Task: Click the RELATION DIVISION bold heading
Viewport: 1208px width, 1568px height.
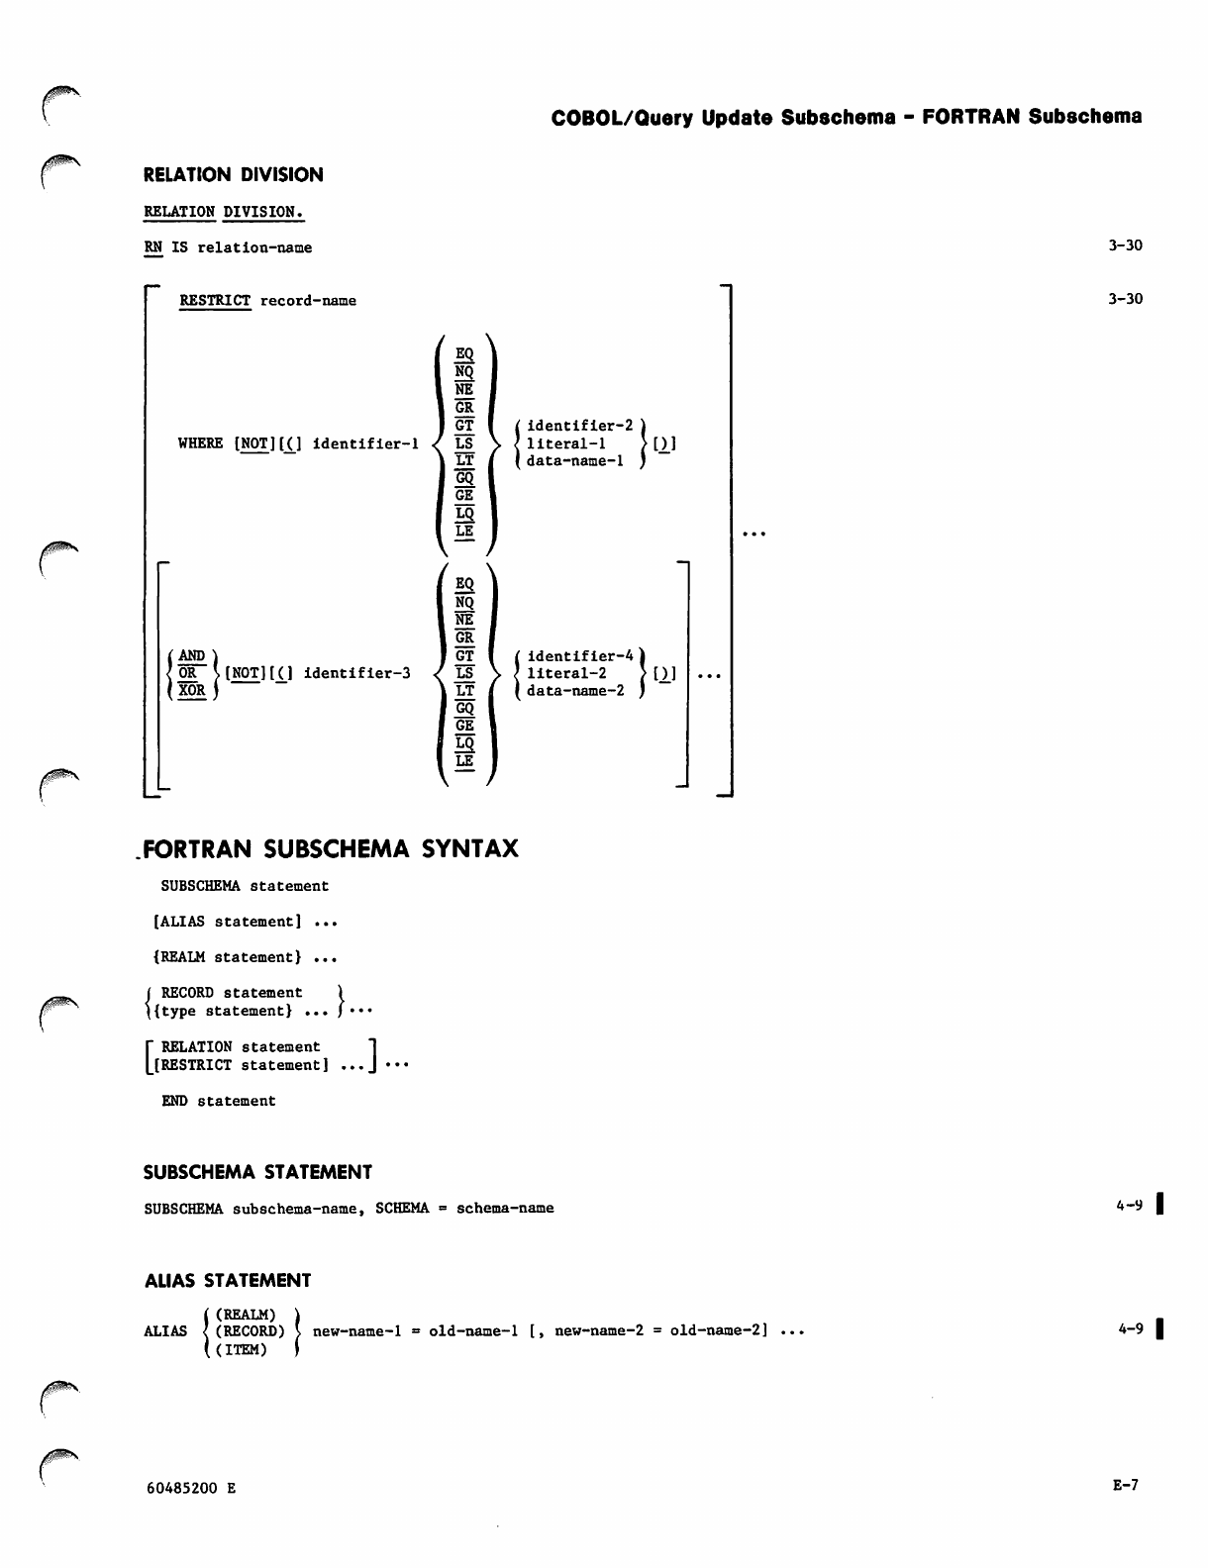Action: pyautogui.click(x=234, y=175)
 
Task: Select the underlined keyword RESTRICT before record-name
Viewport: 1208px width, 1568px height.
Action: pyautogui.click(x=215, y=300)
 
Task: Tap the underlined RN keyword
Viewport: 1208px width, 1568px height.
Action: pyautogui.click(x=152, y=247)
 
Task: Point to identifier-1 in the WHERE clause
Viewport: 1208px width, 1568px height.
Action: pyautogui.click(x=365, y=443)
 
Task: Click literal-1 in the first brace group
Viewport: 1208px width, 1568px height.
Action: pyautogui.click(x=565, y=443)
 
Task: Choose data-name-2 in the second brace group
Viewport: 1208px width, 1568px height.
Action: pyautogui.click(x=575, y=691)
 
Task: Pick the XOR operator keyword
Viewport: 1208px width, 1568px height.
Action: pyautogui.click(x=191, y=691)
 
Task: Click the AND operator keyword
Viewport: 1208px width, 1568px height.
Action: pyautogui.click(x=191, y=655)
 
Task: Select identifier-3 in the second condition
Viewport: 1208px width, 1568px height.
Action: pyautogui.click(x=356, y=673)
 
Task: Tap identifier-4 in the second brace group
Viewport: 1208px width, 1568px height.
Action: pyautogui.click(x=579, y=655)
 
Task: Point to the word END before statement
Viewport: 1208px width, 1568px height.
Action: pyautogui.click(x=174, y=1101)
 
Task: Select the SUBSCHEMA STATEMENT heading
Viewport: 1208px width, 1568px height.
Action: pyautogui.click(x=257, y=1172)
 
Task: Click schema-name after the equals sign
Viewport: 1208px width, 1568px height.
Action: pyautogui.click(x=505, y=1208)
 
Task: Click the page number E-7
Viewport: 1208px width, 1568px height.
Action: pyautogui.click(x=1126, y=1485)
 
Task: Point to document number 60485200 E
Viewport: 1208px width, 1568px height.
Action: pyautogui.click(x=190, y=1488)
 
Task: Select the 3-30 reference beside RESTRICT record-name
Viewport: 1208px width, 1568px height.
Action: pyautogui.click(x=1125, y=299)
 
